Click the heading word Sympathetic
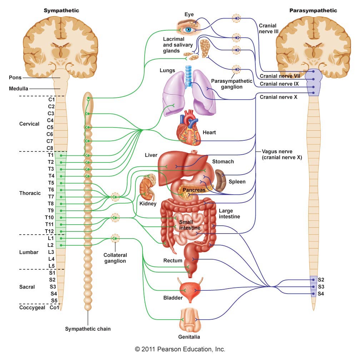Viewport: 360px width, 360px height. coord(61,10)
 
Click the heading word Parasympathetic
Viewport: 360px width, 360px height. coord(313,10)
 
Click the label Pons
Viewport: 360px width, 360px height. coord(15,77)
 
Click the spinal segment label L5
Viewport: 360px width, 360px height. coord(51,265)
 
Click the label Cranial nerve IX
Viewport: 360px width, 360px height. coord(280,84)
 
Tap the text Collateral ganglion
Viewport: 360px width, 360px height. coord(115,258)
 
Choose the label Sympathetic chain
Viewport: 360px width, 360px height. coord(88,329)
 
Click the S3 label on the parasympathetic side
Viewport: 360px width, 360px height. coord(321,286)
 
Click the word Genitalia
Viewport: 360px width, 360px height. coord(189,337)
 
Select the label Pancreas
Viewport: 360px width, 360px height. coord(194,190)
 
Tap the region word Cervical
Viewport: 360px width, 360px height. coord(29,124)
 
